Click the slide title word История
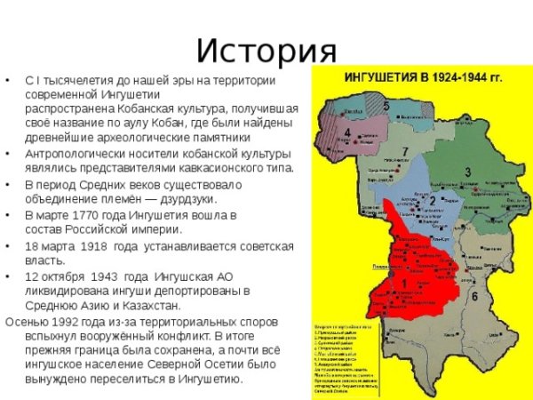point(266,50)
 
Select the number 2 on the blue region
point(433,201)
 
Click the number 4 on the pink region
point(346,133)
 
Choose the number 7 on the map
point(405,150)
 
